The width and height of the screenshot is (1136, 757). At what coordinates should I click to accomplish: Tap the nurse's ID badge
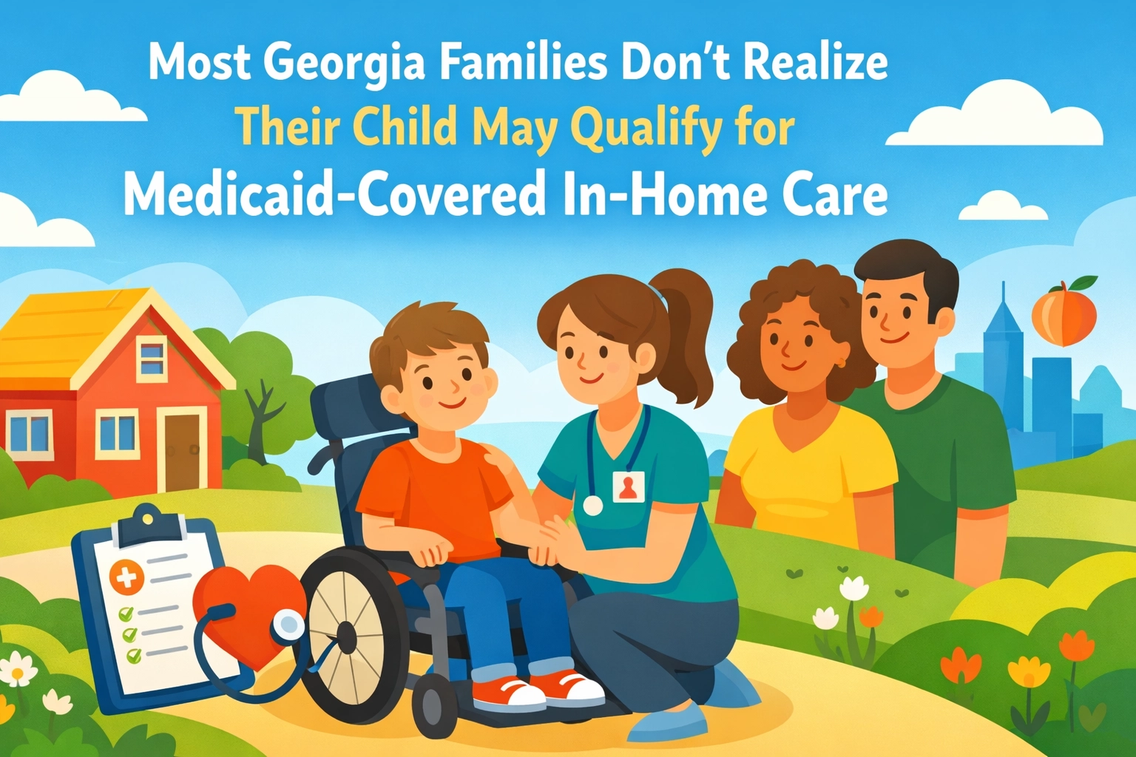(x=629, y=486)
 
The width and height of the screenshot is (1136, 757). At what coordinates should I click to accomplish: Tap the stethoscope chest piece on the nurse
(x=593, y=505)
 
